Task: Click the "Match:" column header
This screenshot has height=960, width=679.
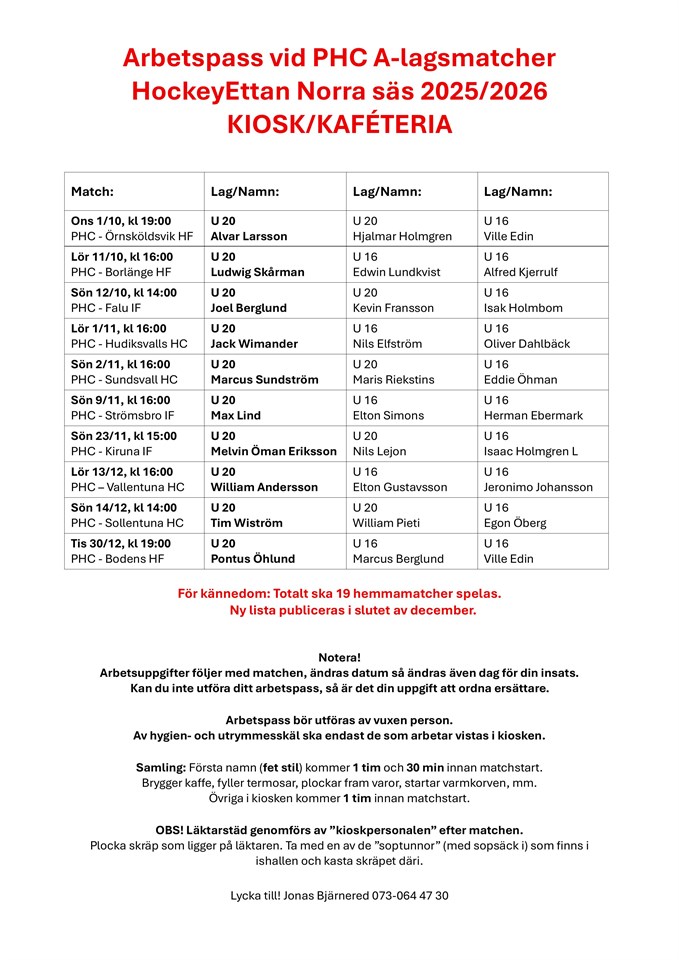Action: click(x=92, y=191)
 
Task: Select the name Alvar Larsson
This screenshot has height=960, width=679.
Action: click(x=248, y=237)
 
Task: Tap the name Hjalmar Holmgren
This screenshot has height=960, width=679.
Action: click(x=402, y=237)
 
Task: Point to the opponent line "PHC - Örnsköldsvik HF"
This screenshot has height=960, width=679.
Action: click(x=132, y=237)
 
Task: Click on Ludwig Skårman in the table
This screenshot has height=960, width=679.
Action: click(x=257, y=272)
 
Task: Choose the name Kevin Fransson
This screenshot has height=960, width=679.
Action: click(x=393, y=308)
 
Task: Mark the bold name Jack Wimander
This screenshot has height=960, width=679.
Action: click(x=254, y=344)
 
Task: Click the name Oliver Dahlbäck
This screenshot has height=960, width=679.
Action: click(x=527, y=344)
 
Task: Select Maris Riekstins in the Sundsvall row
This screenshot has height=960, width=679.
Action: click(x=394, y=380)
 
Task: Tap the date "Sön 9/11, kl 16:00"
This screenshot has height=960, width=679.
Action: click(x=121, y=400)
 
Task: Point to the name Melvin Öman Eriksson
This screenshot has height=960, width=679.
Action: click(x=273, y=452)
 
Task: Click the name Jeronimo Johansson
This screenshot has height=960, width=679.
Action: click(x=538, y=488)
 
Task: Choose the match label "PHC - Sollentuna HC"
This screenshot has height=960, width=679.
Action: click(x=128, y=523)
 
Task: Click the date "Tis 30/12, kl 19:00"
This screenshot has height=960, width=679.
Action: click(x=121, y=543)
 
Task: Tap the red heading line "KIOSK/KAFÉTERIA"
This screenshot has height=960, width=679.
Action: click(x=339, y=125)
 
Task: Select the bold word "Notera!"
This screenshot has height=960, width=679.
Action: click(x=339, y=657)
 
